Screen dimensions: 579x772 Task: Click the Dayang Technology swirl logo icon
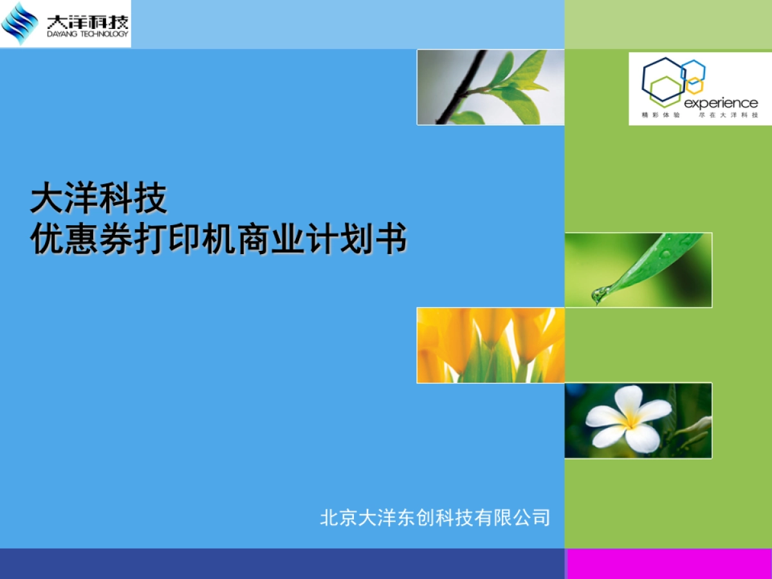coord(19,24)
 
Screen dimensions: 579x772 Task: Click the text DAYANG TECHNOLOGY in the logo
coord(87,34)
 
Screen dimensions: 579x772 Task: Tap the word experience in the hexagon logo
coord(721,103)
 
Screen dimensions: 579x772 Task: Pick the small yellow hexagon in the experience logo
coord(694,84)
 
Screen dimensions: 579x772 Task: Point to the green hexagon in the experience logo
coord(663,91)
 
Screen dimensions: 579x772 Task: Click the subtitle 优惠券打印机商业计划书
coord(219,241)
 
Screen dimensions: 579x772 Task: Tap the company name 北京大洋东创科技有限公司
coord(435,517)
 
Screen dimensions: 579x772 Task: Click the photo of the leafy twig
coord(490,87)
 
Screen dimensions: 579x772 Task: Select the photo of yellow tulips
coord(490,345)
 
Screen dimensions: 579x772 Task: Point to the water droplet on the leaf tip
coord(600,295)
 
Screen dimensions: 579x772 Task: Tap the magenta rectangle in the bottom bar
coord(668,564)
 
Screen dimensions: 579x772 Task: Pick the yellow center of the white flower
coord(630,421)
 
